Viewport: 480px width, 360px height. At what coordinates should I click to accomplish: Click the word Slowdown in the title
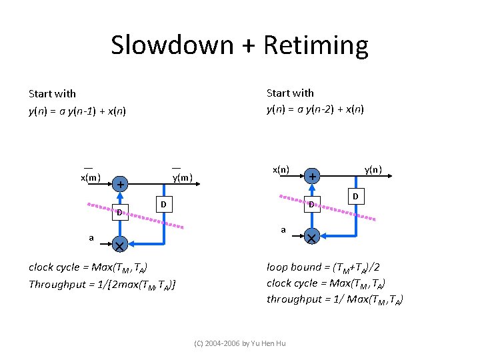coord(173,45)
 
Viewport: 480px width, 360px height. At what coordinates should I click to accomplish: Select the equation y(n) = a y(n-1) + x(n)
coord(77,111)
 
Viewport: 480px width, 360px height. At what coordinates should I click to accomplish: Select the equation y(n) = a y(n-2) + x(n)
coord(315,109)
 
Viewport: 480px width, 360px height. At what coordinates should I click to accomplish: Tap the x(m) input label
coord(91,177)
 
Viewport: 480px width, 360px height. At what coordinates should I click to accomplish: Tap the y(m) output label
coord(182,177)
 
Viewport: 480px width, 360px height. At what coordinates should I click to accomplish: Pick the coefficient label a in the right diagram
coord(283,230)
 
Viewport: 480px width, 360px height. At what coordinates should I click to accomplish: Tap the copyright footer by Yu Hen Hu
coord(239,343)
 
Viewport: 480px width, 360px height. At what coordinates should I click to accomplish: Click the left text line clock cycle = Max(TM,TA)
coord(88,267)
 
